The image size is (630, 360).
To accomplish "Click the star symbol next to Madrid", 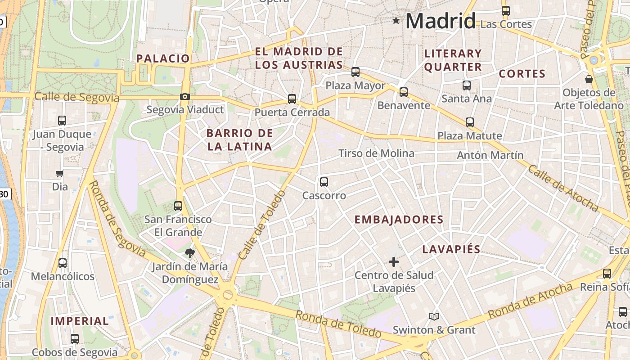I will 396,21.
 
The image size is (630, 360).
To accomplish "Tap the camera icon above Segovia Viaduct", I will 184,96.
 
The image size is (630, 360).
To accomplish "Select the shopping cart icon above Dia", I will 59,173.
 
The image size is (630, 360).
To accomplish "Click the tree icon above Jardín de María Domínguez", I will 189,253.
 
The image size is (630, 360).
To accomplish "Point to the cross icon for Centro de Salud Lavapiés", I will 394,261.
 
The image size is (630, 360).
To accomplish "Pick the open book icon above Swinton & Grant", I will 434,317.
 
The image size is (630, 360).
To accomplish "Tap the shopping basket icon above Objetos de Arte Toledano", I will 589,80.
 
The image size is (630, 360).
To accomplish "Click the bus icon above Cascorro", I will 324,182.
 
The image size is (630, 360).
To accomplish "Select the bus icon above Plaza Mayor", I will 355,72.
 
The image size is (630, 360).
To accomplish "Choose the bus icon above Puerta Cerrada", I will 292,99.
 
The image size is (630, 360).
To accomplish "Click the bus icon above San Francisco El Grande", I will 178,206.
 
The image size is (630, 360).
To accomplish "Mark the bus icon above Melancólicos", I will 63,263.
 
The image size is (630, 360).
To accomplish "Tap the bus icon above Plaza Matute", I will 470,122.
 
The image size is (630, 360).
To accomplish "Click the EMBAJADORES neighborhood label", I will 399,220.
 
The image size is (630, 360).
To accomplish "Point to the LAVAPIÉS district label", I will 451,249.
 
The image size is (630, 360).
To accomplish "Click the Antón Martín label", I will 490,155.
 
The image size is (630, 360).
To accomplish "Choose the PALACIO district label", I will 163,58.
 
